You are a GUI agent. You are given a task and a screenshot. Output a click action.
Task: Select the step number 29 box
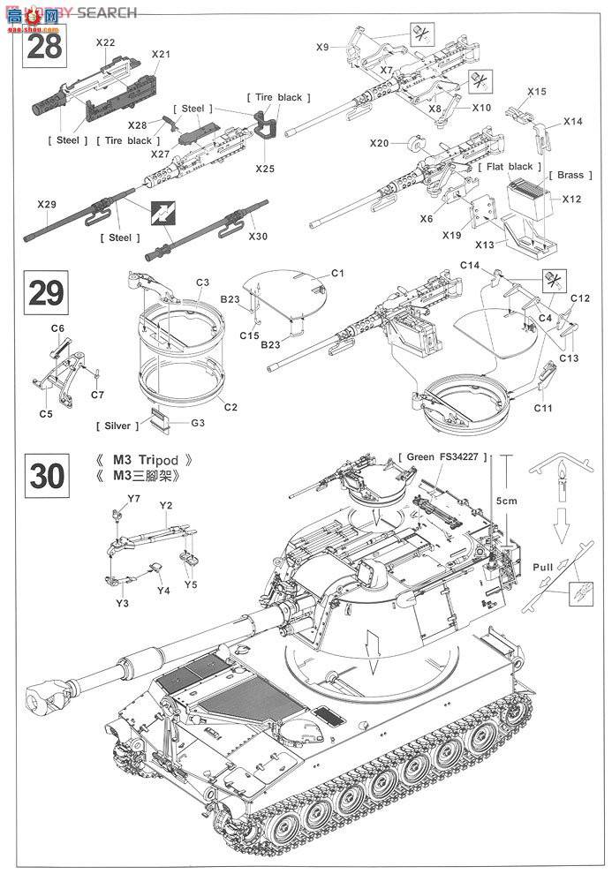(46, 292)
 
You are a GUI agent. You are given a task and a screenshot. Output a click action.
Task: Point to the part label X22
(105, 42)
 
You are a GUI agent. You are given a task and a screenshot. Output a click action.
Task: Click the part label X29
(47, 205)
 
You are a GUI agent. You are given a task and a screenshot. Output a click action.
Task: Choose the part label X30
(258, 236)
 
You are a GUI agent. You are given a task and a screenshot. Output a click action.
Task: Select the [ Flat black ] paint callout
(506, 166)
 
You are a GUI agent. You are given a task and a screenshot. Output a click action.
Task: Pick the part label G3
(199, 423)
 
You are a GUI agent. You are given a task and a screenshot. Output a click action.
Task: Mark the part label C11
(543, 407)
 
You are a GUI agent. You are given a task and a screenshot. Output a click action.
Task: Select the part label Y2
(165, 507)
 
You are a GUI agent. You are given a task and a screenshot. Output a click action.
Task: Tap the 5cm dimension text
(506, 501)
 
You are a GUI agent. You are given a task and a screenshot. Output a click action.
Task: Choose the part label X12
(571, 199)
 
